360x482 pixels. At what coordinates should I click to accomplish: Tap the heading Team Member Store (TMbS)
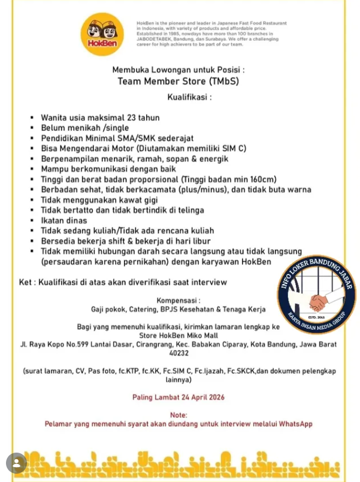point(178,82)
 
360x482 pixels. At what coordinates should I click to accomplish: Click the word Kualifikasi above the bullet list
point(188,97)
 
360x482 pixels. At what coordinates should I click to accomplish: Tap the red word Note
point(179,414)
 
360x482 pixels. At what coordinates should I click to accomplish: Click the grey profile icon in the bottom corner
point(17,463)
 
